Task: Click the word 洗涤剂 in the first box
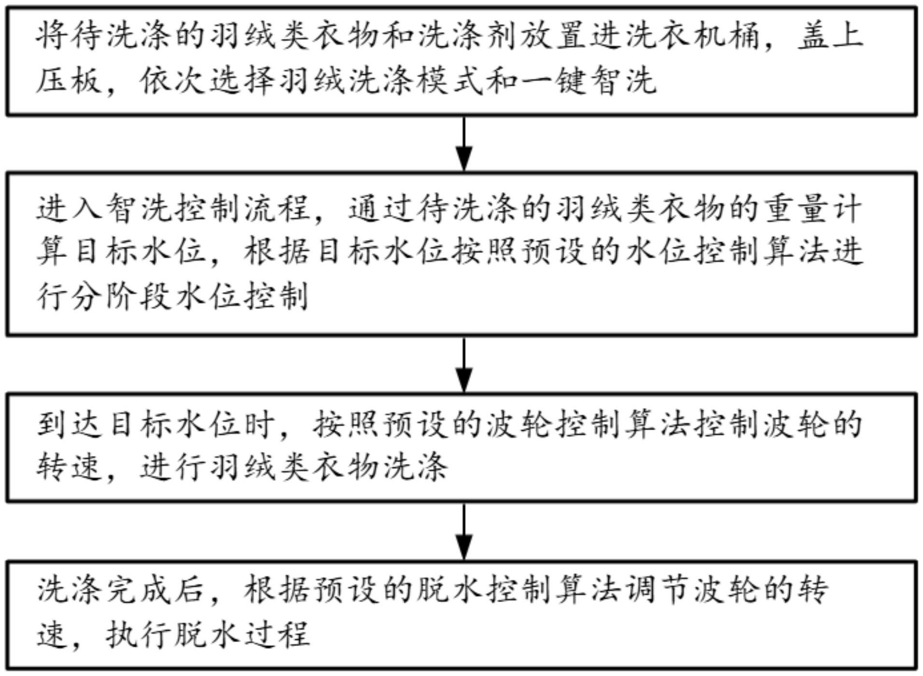point(470,37)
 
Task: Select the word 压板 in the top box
point(70,80)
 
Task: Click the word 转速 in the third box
point(70,467)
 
